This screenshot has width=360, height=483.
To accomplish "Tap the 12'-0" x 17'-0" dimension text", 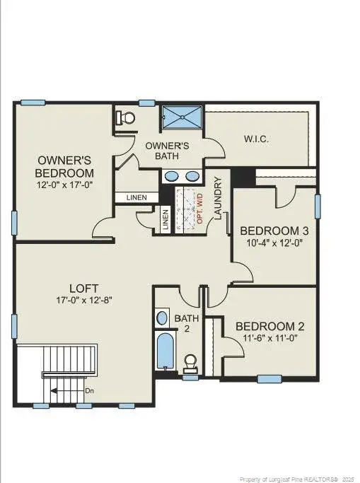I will click(64, 184).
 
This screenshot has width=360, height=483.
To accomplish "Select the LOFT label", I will click(83, 288).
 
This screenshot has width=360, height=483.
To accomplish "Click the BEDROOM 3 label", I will click(274, 231).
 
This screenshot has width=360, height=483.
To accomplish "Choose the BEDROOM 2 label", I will click(269, 326).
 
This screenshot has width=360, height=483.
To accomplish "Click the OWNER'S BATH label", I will click(168, 150).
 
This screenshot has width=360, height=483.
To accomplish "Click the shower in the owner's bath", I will click(182, 118).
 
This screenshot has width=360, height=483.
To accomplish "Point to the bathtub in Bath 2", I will click(165, 351).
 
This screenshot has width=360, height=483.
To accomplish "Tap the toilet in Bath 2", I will click(190, 363).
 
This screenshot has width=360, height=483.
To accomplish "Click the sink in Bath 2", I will click(162, 318).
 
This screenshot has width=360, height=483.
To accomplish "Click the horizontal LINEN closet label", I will click(137, 197).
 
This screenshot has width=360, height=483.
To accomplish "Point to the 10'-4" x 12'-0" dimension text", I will click(274, 243).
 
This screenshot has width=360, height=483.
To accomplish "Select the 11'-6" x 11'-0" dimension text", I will click(269, 339).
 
